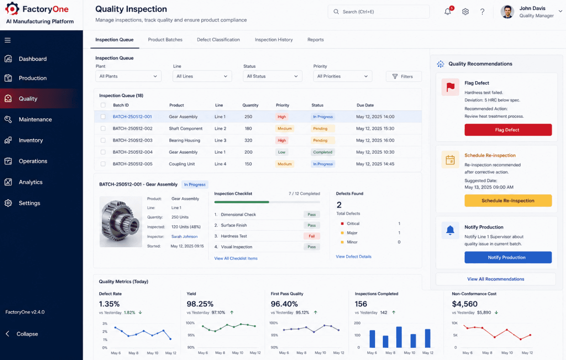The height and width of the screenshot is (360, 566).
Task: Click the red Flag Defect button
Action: [508, 130]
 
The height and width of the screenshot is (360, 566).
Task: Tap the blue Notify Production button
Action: [508, 257]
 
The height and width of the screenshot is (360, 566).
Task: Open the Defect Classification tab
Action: [218, 40]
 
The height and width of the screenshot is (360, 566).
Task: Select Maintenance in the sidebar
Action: [35, 119]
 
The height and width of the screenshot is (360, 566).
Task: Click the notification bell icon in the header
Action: [448, 12]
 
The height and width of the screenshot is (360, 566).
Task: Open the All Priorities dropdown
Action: [342, 76]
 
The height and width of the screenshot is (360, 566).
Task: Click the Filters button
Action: [403, 76]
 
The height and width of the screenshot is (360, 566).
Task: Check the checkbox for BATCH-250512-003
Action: [103, 140]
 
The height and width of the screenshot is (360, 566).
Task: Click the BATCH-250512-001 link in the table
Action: [132, 117]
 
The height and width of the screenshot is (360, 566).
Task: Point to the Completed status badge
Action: [323, 152]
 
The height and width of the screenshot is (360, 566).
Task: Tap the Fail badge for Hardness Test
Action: [311, 236]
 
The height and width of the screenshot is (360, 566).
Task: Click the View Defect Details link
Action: [354, 257]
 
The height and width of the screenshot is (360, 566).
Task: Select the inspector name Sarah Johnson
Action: [184, 237]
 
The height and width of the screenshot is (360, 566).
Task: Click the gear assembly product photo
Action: [120, 222]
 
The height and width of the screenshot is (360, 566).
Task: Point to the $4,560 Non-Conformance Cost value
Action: [465, 304]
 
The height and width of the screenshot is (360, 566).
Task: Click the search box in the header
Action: [378, 12]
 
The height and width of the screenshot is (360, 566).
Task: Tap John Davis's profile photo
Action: [507, 12]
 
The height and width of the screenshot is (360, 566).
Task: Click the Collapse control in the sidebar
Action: [22, 334]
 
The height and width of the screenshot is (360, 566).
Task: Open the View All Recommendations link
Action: [495, 279]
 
